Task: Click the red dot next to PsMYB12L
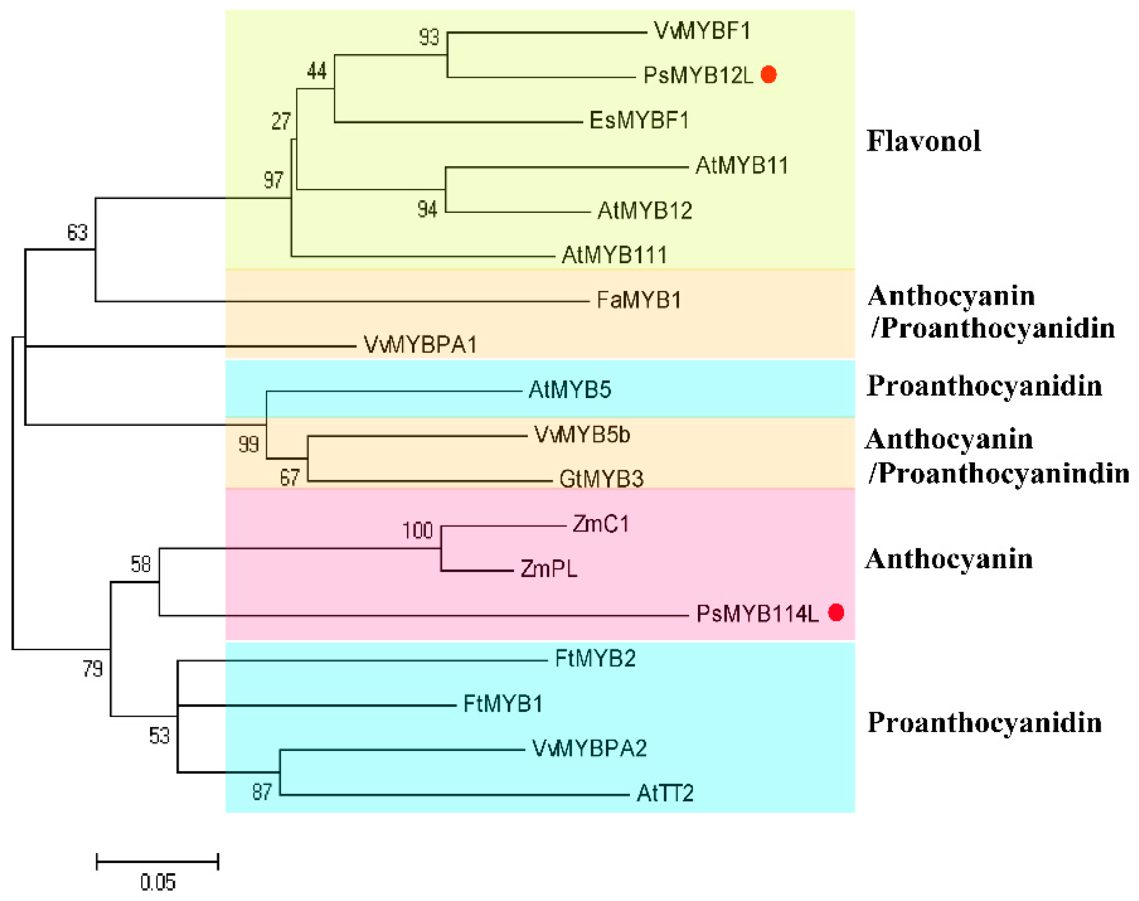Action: click(x=768, y=75)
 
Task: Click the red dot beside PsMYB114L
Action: click(x=836, y=612)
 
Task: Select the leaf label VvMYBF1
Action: click(x=702, y=31)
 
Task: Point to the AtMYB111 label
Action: click(x=614, y=255)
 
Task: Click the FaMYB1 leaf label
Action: click(x=639, y=300)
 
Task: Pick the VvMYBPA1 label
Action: click(x=420, y=345)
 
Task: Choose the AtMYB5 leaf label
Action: click(x=570, y=390)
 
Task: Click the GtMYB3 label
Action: click(x=601, y=479)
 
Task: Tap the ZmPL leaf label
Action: click(x=549, y=568)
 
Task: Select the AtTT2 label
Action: click(x=665, y=793)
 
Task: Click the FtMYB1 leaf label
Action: click(x=503, y=704)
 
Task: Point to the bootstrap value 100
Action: click(x=417, y=530)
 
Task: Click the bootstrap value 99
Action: click(x=248, y=445)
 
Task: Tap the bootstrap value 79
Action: click(x=93, y=669)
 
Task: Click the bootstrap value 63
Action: click(x=77, y=233)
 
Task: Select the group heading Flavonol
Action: click(x=923, y=141)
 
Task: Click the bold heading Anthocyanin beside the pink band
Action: click(x=949, y=559)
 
